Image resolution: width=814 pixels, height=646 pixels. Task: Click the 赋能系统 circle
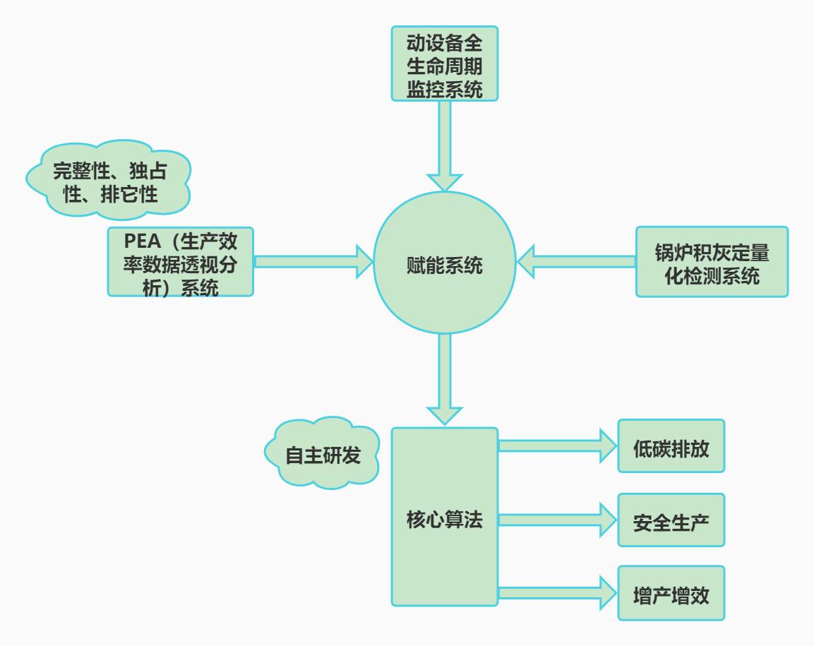[445, 267]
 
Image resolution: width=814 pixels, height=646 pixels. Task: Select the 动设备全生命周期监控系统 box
[445, 64]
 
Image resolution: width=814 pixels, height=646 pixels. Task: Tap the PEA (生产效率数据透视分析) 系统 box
[181, 262]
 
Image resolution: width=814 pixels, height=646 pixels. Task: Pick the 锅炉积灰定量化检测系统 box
[711, 262]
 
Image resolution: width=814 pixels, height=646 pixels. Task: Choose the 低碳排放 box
[671, 446]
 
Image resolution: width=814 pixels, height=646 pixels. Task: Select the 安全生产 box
[671, 520]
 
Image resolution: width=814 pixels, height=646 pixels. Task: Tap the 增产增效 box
[671, 593]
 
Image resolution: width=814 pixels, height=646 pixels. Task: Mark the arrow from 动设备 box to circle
[445, 145]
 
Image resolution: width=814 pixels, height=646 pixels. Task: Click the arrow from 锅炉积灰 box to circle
[575, 262]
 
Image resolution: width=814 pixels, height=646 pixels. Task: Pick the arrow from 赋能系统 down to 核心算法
[445, 378]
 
